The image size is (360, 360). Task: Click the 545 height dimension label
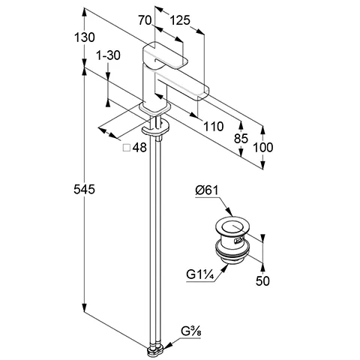84,189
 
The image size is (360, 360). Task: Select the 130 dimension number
85,37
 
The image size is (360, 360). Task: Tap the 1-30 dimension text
108,55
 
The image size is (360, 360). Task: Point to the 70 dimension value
145,20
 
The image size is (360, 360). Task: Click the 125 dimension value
180,20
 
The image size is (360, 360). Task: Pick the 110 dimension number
213,127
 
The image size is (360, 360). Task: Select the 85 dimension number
241,138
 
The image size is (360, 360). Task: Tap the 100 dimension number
263,147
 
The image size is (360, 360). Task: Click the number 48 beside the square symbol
139,148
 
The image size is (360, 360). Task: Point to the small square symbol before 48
127,148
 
